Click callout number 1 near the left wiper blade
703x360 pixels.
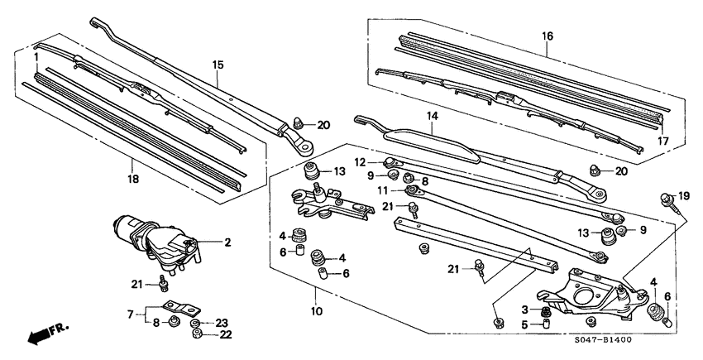coord(37,56)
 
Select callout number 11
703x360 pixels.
coord(383,190)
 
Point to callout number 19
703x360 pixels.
coord(683,195)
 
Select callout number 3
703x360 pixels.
coord(525,309)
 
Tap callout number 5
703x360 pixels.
coord(525,324)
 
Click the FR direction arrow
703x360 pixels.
coord(46,334)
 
